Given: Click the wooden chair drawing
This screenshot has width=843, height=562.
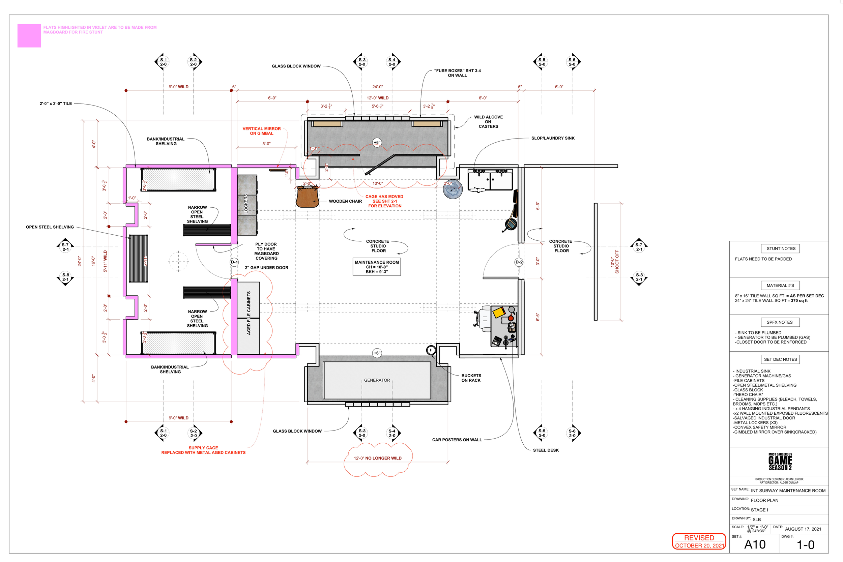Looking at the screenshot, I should click(x=307, y=197).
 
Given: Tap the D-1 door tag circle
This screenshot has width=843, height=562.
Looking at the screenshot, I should click(x=234, y=262).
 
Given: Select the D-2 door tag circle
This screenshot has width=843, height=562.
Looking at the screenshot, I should click(x=519, y=262).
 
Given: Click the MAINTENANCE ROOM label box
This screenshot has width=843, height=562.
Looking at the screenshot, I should click(x=377, y=267).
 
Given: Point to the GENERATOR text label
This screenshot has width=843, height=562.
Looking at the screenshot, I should click(x=377, y=380).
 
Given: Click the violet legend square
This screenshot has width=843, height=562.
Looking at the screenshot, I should click(x=29, y=35).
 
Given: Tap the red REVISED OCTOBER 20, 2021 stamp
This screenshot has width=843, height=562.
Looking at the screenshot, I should click(x=699, y=541).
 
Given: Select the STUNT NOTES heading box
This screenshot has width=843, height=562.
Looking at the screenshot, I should click(x=781, y=248).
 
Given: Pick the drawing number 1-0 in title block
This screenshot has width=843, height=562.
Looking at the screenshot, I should click(x=805, y=545).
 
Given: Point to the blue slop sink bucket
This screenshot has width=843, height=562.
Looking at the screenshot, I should click(x=453, y=189).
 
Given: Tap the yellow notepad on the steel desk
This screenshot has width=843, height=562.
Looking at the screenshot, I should click(x=499, y=312).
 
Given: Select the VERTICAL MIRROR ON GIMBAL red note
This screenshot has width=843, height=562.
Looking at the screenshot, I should click(x=262, y=131).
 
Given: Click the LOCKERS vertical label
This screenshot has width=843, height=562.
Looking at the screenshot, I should click(x=246, y=204).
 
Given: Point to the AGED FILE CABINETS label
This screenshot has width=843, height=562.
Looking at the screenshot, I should click(x=249, y=313).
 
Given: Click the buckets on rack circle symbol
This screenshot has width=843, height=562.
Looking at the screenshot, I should click(x=431, y=350).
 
